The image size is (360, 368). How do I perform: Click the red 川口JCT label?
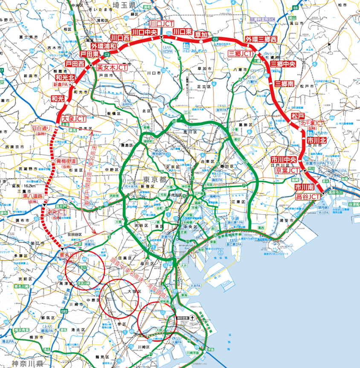click(x=161, y=24)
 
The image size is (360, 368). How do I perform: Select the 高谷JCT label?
click(x=308, y=197)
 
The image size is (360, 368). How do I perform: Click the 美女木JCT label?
click(x=112, y=67)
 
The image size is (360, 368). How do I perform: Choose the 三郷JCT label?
click(x=240, y=53)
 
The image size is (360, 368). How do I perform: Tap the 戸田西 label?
click(x=75, y=64)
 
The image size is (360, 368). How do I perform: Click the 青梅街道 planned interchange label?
click(x=66, y=161)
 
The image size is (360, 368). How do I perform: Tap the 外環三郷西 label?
click(x=261, y=39)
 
